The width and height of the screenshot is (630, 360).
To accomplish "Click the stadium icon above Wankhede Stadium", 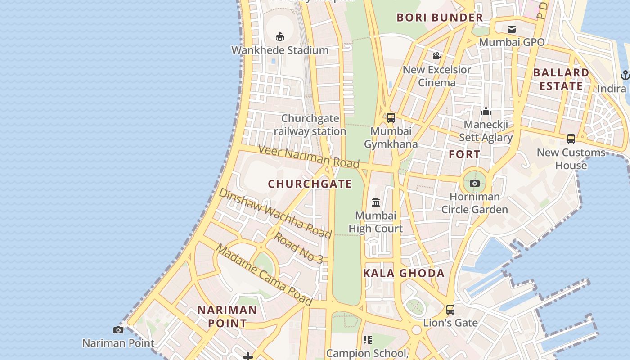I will [280, 36].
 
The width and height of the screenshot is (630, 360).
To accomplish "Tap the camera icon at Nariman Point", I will [118, 330].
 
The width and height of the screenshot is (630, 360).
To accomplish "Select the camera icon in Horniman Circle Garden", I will [474, 183].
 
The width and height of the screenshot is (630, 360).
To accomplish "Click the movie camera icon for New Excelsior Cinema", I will [436, 56].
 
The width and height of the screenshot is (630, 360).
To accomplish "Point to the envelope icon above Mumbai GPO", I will [512, 29].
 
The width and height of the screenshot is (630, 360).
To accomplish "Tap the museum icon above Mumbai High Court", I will [376, 202].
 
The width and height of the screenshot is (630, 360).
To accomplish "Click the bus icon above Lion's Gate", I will [450, 309].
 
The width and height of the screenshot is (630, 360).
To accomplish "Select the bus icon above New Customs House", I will [571, 139].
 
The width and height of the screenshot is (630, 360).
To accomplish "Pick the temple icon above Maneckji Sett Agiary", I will [486, 111].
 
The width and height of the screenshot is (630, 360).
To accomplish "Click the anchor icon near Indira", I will [625, 75].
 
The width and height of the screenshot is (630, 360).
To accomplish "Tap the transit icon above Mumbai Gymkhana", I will [391, 118].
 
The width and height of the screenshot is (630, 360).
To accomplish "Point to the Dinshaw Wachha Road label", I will [275, 213].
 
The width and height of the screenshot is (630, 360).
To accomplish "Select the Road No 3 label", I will [298, 247].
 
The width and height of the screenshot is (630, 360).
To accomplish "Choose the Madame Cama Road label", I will [264, 274].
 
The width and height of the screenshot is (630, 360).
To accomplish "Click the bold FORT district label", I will [464, 154].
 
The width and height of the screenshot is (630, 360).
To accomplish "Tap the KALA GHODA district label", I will [404, 273].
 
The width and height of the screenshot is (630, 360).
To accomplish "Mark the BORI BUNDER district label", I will [440, 18].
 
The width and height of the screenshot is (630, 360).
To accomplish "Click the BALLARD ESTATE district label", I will [561, 79].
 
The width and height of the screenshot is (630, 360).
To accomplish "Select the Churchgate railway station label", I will [310, 125].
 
